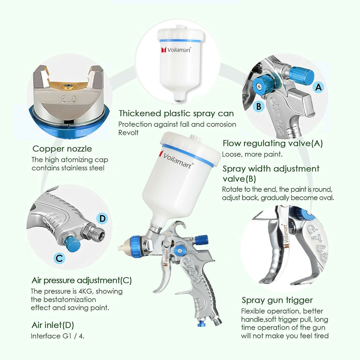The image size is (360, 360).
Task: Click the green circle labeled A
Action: (x=318, y=86)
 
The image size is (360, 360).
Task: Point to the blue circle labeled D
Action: (x=103, y=218)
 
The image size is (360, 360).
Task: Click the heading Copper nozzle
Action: (x=62, y=149)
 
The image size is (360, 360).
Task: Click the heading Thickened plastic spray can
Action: (x=176, y=113)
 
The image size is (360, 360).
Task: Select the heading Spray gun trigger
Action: (x=277, y=300)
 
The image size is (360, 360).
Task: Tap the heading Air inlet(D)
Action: (x=53, y=325)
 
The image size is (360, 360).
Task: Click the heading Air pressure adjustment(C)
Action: (x=81, y=280)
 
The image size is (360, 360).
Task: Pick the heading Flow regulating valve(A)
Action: (x=273, y=143)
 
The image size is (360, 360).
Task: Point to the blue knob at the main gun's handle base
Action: (x=201, y=323)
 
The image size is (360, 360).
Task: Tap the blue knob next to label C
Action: (x=73, y=244)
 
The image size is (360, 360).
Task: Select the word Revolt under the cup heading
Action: (x=128, y=132)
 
